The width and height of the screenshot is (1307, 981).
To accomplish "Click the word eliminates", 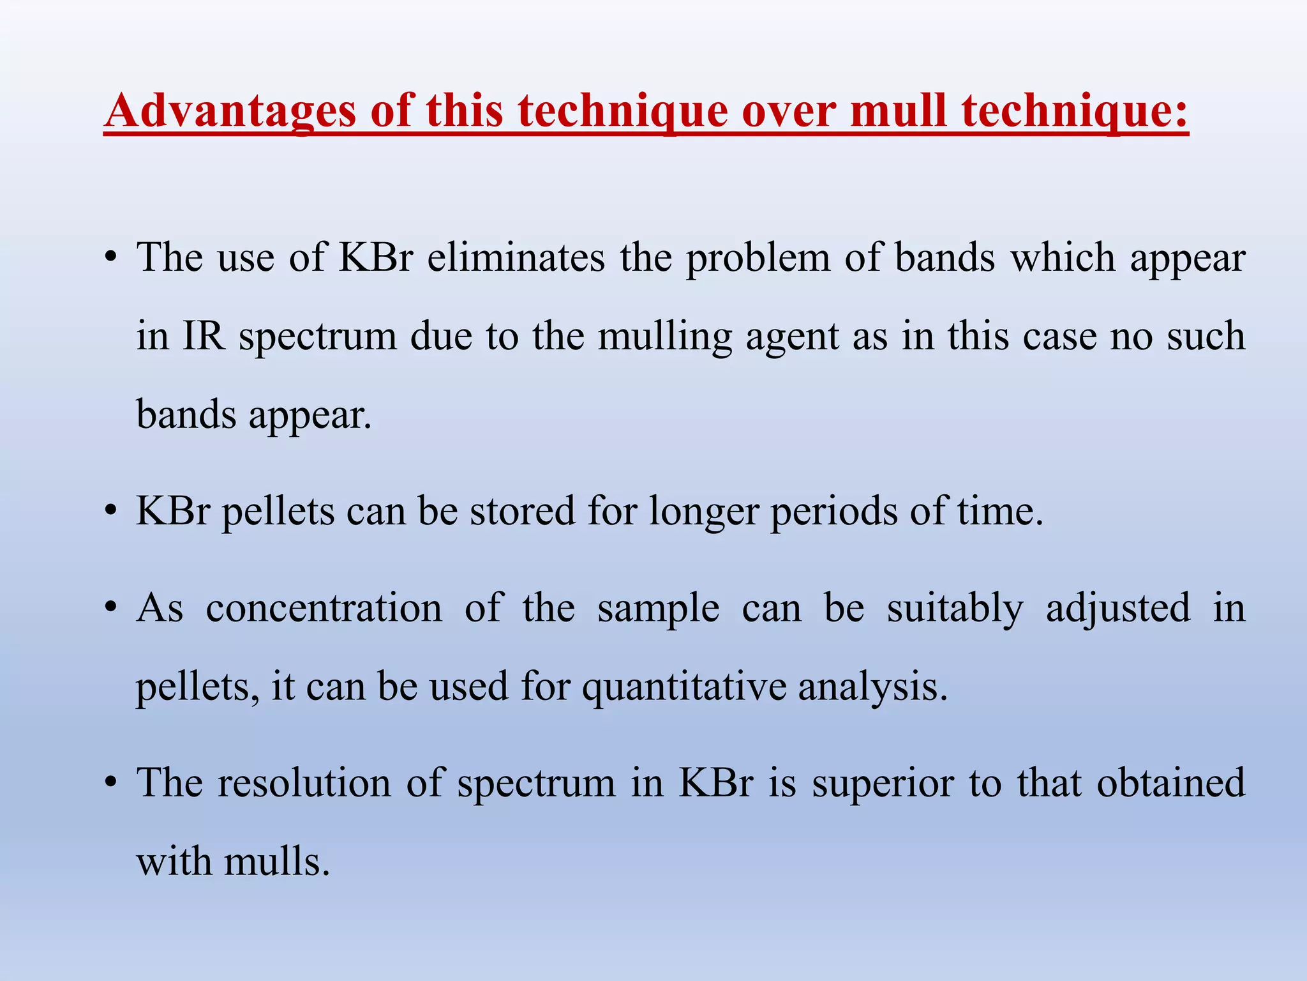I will pyautogui.click(x=516, y=258).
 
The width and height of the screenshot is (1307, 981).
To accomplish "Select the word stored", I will pyautogui.click(x=523, y=511).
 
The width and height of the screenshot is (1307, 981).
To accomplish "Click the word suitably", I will pyautogui.click(x=955, y=609).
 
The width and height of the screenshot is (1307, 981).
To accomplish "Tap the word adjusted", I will pyautogui.click(x=1118, y=609).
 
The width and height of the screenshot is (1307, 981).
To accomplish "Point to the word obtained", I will pyautogui.click(x=1170, y=782).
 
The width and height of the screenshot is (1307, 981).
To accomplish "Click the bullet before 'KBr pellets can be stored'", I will pyautogui.click(x=111, y=511).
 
